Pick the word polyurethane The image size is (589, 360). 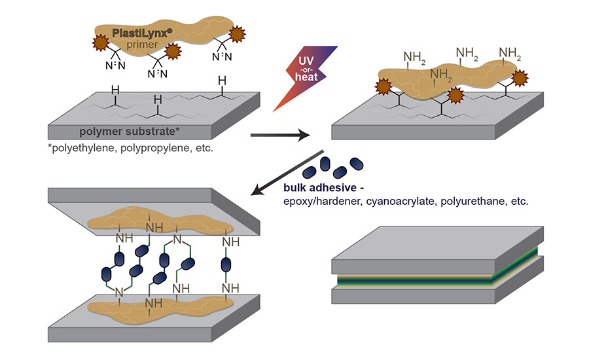pos(475,202)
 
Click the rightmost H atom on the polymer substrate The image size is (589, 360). pos(222,81)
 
